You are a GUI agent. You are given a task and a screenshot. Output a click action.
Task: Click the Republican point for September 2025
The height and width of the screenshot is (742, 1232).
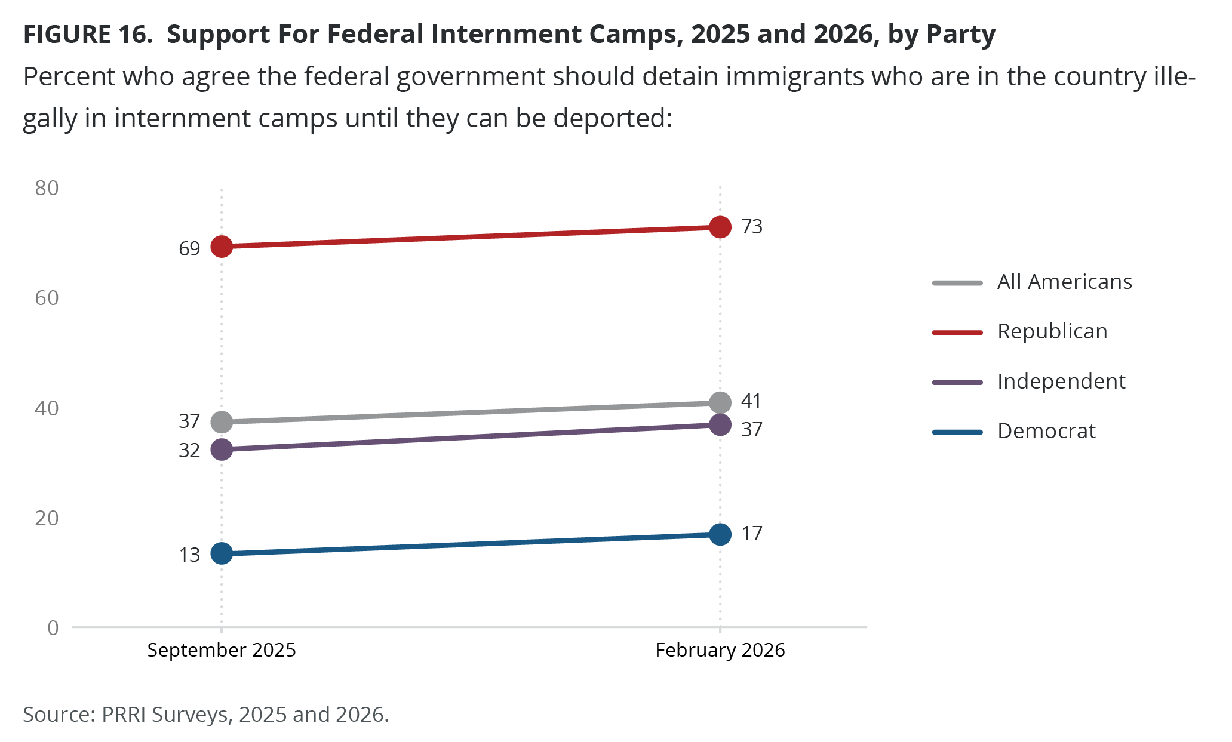(222, 246)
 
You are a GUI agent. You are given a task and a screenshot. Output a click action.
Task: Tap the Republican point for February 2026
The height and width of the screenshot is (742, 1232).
(720, 227)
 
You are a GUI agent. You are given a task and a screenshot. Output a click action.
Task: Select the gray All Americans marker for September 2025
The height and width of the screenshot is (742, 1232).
(222, 422)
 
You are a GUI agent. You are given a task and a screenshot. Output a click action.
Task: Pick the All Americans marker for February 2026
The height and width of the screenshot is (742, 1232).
(720, 403)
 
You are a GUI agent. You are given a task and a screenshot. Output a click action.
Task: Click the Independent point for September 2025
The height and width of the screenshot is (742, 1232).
(222, 449)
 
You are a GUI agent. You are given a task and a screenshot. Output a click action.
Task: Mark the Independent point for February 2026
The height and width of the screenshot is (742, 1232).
(720, 425)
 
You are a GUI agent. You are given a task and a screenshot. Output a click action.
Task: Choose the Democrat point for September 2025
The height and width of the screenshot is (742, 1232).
(222, 553)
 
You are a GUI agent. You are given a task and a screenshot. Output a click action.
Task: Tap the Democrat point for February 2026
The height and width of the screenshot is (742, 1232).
(720, 534)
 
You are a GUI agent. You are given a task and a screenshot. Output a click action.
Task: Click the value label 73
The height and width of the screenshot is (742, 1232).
(752, 227)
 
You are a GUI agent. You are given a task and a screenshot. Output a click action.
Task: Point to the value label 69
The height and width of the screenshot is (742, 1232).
(189, 248)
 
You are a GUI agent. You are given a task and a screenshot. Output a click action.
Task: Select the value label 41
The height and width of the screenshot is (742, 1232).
(752, 401)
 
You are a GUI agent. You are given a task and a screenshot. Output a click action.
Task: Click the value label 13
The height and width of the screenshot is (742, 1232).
(189, 555)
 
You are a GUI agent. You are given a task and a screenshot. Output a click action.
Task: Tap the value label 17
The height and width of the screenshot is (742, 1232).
(752, 534)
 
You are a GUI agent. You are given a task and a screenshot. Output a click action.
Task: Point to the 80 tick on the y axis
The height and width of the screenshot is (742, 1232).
(47, 189)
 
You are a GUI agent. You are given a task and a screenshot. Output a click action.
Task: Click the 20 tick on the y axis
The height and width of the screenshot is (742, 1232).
(47, 518)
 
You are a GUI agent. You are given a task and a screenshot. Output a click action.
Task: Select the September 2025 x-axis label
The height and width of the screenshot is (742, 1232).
(222, 650)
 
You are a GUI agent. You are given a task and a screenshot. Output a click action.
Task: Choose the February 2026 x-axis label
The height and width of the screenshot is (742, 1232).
(720, 650)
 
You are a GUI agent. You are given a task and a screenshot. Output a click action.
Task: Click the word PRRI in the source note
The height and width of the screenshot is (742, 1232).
(124, 715)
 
